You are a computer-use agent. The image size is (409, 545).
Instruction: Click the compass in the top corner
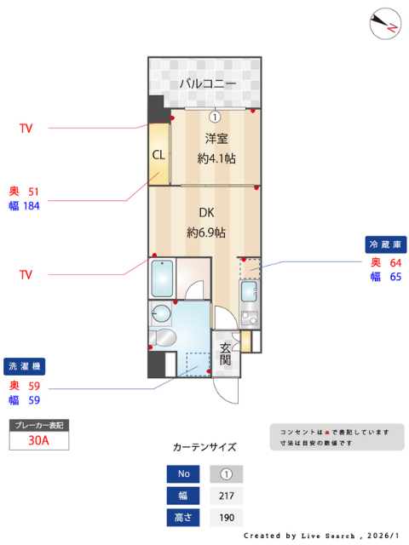pyautogui.click(x=385, y=24)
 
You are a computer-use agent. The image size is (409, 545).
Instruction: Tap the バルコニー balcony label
pyautogui.click(x=208, y=83)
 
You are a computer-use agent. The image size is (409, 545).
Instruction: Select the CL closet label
pyautogui.click(x=158, y=155)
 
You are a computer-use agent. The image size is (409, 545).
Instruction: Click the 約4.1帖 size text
pyautogui.click(x=216, y=158)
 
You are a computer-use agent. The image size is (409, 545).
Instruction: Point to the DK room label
pyautogui.click(x=206, y=212)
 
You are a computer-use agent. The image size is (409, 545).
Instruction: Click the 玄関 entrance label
pyautogui.click(x=225, y=353)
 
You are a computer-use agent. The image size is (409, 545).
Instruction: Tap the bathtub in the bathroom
pyautogui.click(x=162, y=278)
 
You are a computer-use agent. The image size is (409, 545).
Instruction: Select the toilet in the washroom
pyautogui.click(x=163, y=338)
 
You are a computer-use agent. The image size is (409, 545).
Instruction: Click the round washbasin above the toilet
pyautogui.click(x=161, y=313)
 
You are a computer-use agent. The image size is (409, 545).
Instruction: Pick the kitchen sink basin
pyautogui.click(x=249, y=291)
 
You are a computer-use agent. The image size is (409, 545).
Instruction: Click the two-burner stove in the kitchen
pyautogui.click(x=250, y=318)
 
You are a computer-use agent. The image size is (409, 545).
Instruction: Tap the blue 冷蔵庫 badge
pyautogui.click(x=386, y=244)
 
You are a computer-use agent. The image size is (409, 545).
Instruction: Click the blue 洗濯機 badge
pyautogui.click(x=25, y=366)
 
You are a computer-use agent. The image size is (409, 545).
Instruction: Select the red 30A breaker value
pyautogui.click(x=38, y=440)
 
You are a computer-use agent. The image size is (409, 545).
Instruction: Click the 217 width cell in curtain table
pyautogui.click(x=227, y=496)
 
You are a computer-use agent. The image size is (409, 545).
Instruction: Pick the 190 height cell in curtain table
pyautogui.click(x=227, y=518)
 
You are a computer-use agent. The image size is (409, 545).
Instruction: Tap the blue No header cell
pyautogui.click(x=183, y=474)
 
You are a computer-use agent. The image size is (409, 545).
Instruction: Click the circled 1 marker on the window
pyautogui.click(x=215, y=118)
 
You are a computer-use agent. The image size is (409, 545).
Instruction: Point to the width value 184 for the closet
pyautogui.click(x=32, y=206)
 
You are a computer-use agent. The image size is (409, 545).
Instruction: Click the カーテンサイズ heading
pyautogui.click(x=204, y=447)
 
